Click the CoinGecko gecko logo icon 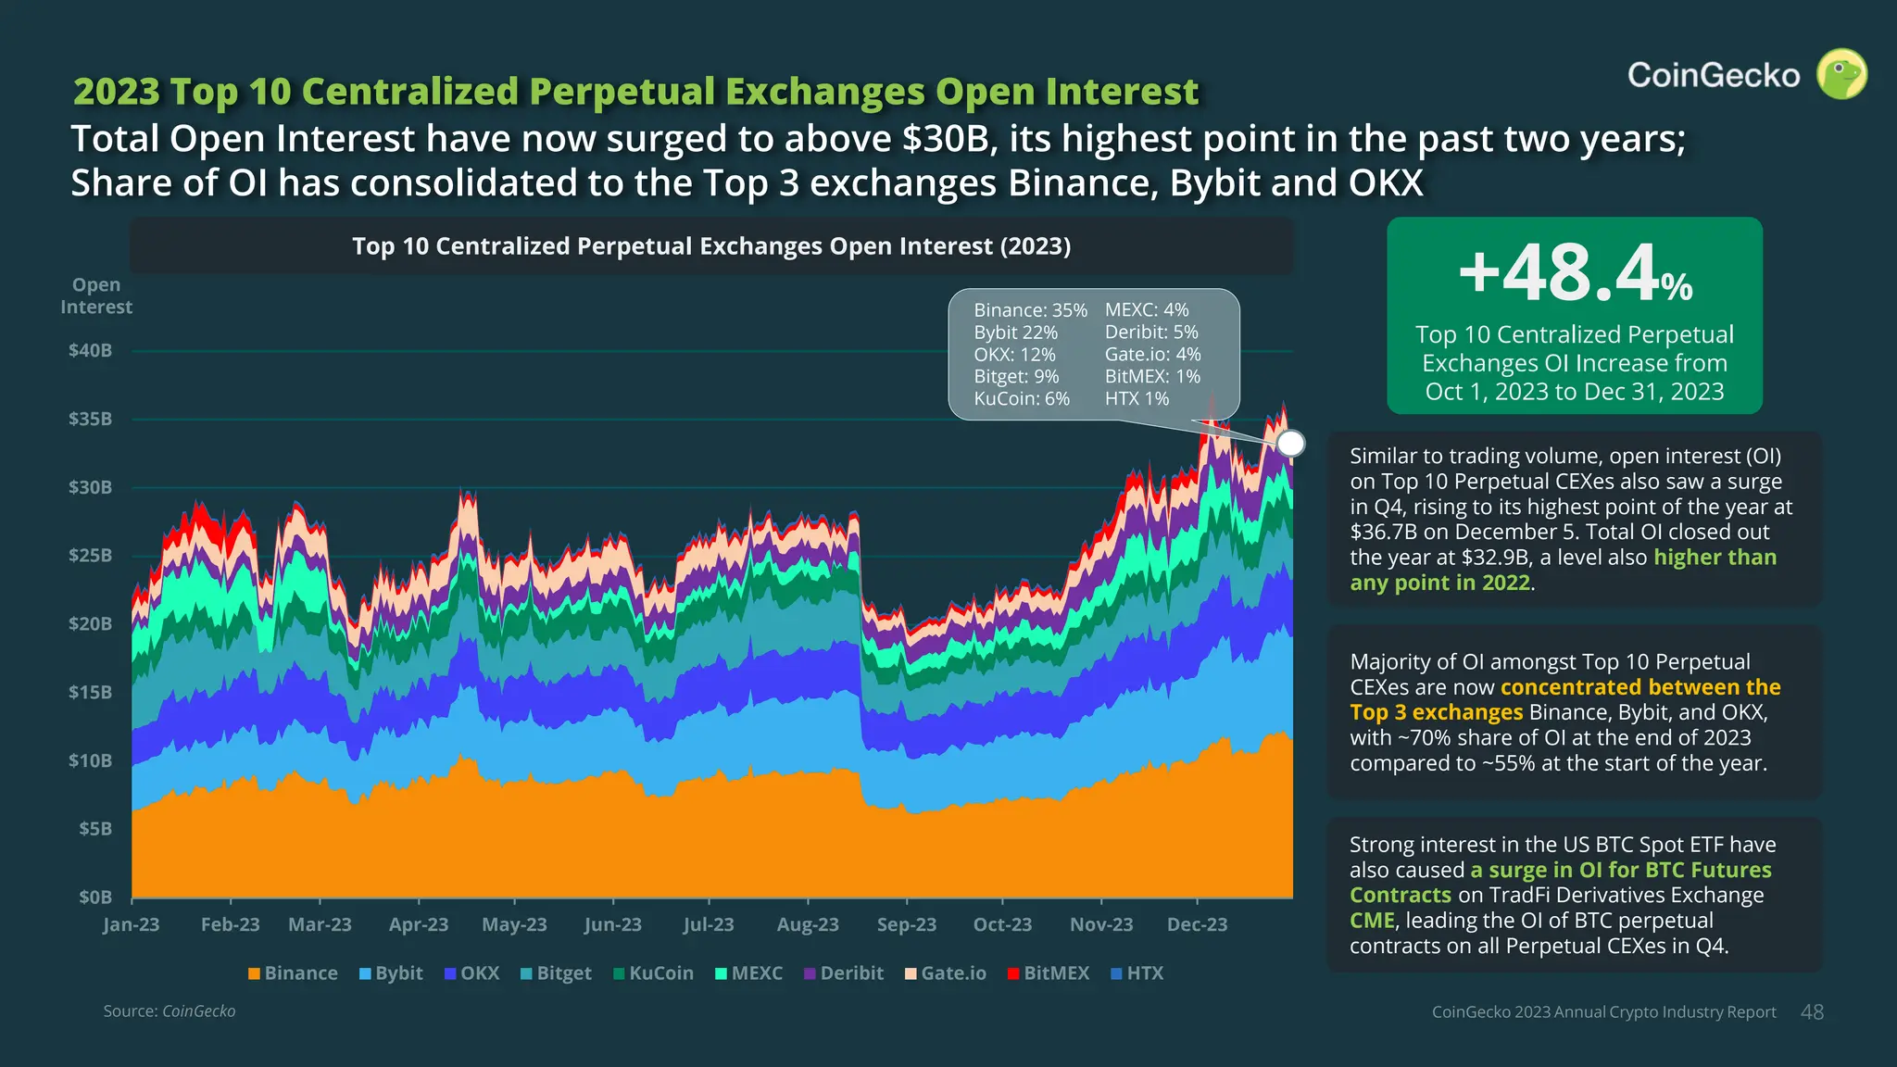pyautogui.click(x=1841, y=74)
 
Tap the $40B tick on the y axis pyautogui.click(x=90, y=351)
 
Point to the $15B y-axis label pyautogui.click(x=90, y=692)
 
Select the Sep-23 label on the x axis pyautogui.click(x=906, y=924)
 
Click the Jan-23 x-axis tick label pyautogui.click(x=132, y=924)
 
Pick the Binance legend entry pyautogui.click(x=293, y=973)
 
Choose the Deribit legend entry pyautogui.click(x=843, y=973)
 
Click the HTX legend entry pyautogui.click(x=1137, y=973)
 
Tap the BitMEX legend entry pyautogui.click(x=1049, y=973)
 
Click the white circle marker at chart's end pyautogui.click(x=1290, y=444)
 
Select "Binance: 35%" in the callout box pyautogui.click(x=1030, y=310)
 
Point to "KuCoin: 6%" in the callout pyautogui.click(x=1022, y=399)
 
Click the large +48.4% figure pyautogui.click(x=1575, y=273)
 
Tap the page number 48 pyautogui.click(x=1812, y=1012)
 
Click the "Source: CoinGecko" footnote pyautogui.click(x=170, y=1011)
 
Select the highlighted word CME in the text pyautogui.click(x=1372, y=921)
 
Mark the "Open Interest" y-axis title pyautogui.click(x=96, y=296)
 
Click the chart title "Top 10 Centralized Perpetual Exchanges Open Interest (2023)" pyautogui.click(x=711, y=246)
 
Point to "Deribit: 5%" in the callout pyautogui.click(x=1151, y=333)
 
